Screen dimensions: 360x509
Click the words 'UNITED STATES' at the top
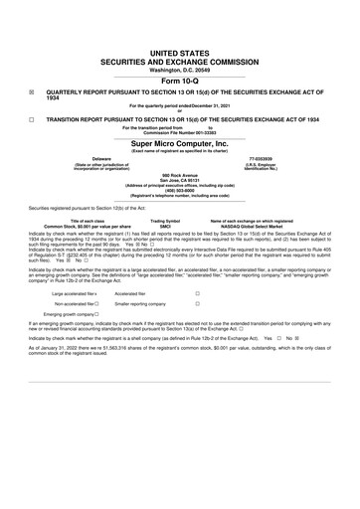[x=180, y=34]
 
